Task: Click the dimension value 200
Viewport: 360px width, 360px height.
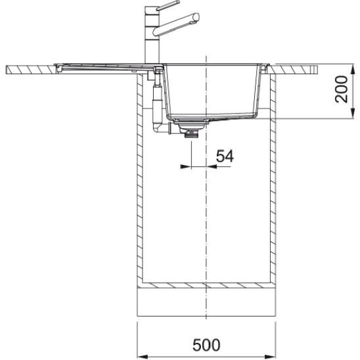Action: pos(342,89)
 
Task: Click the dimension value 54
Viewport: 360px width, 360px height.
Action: pos(225,156)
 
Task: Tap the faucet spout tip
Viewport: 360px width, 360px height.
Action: pos(196,17)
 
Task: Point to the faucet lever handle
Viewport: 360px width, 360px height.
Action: pos(168,5)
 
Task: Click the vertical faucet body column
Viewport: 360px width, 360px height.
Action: pos(152,34)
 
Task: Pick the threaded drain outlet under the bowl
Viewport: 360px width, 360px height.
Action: pos(191,133)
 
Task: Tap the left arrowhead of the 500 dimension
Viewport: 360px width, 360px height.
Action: pos(142,357)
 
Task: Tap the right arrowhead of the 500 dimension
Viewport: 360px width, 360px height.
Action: pos(271,357)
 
